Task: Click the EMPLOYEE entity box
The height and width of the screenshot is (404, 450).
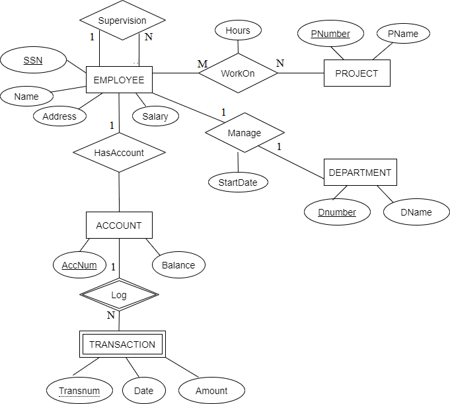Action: coord(119,80)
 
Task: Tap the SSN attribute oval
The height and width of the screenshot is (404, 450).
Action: coord(33,60)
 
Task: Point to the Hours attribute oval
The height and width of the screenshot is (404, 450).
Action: coord(238,30)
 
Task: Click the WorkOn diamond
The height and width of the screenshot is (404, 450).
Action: coord(238,73)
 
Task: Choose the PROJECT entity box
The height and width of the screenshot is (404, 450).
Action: coord(357,73)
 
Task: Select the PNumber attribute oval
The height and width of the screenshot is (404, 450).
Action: coord(330,34)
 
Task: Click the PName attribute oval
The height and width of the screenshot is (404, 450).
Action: coord(403,34)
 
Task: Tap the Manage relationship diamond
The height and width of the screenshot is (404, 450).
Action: coord(244,133)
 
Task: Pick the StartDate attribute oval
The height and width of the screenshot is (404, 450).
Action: coord(238,182)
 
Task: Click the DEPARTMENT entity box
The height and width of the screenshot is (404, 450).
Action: coord(360,173)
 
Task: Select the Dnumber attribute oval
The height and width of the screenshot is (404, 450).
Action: coord(337,212)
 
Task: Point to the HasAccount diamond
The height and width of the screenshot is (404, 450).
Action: coord(119,153)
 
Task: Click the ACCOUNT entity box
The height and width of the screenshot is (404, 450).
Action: coord(119,225)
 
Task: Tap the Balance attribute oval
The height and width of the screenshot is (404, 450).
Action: coord(178,265)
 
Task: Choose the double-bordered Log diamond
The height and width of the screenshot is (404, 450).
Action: coord(119,295)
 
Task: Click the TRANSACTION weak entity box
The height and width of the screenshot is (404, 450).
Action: coord(122,344)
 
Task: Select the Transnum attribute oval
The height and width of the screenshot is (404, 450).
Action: coord(79,391)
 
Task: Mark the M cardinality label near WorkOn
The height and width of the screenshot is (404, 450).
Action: coord(203,63)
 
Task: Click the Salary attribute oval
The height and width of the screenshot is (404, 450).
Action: coord(155,116)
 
